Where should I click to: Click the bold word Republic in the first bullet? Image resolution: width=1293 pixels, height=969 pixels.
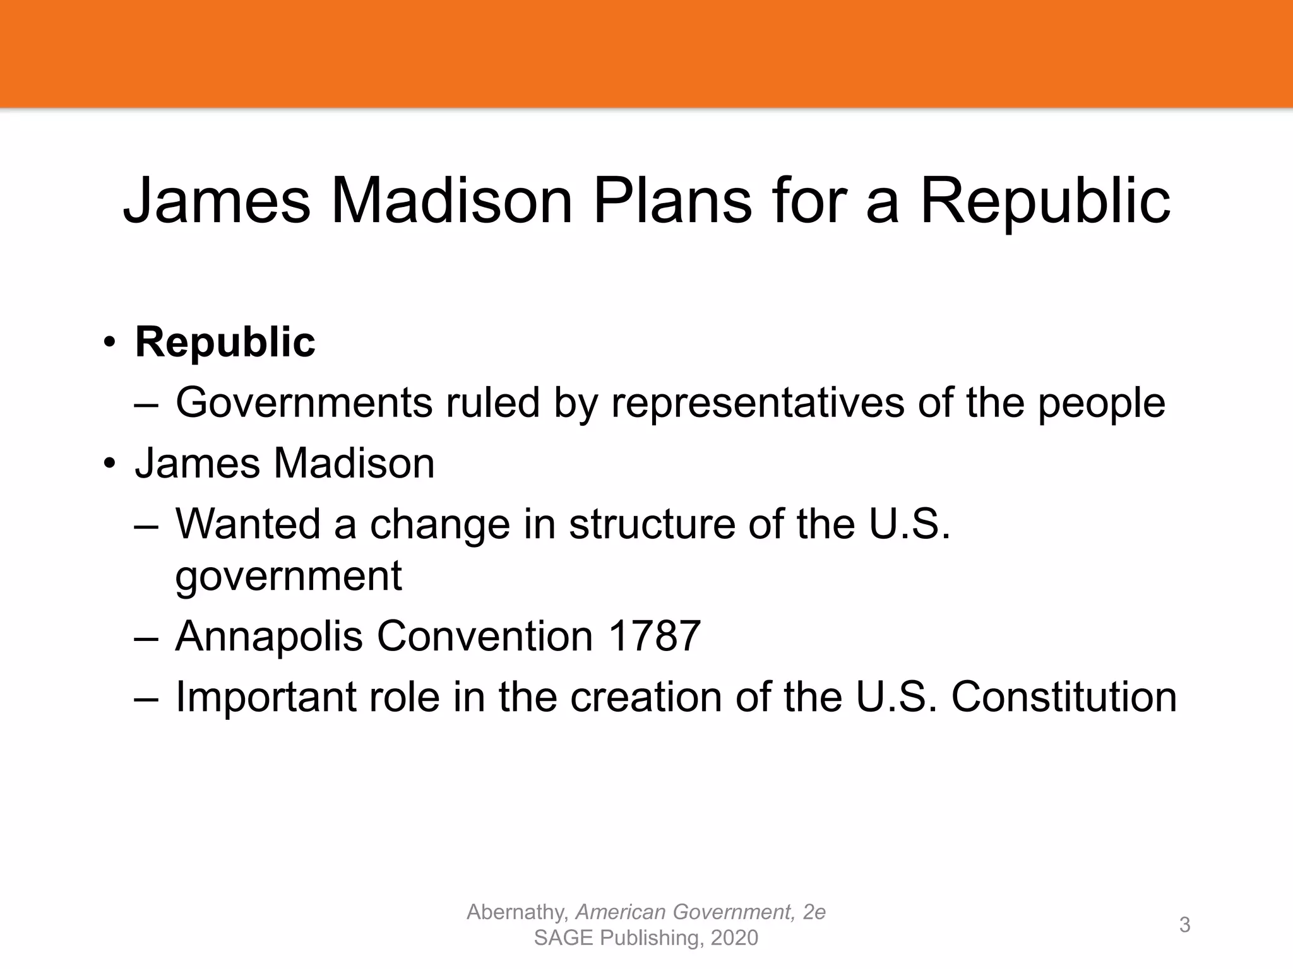[x=225, y=342]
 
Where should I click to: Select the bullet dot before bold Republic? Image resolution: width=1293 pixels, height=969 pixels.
[x=110, y=342]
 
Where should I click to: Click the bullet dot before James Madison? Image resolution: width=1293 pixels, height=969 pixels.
[x=110, y=464]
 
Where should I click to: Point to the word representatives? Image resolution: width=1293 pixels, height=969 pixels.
[x=758, y=402]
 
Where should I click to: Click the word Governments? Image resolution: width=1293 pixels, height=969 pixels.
[x=304, y=402]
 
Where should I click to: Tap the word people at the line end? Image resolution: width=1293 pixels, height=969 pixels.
[x=1101, y=404]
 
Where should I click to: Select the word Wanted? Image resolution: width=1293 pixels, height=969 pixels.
[x=247, y=524]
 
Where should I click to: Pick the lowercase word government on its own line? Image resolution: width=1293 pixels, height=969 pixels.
[x=288, y=576]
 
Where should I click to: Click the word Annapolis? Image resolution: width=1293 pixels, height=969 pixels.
[x=268, y=636]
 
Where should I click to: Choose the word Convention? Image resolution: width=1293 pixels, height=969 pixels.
[x=484, y=636]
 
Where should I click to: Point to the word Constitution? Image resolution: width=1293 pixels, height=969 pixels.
[x=1064, y=697]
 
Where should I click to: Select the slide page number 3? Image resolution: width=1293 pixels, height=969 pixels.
[x=1184, y=925]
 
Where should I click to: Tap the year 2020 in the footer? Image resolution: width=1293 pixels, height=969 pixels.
[x=734, y=938]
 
